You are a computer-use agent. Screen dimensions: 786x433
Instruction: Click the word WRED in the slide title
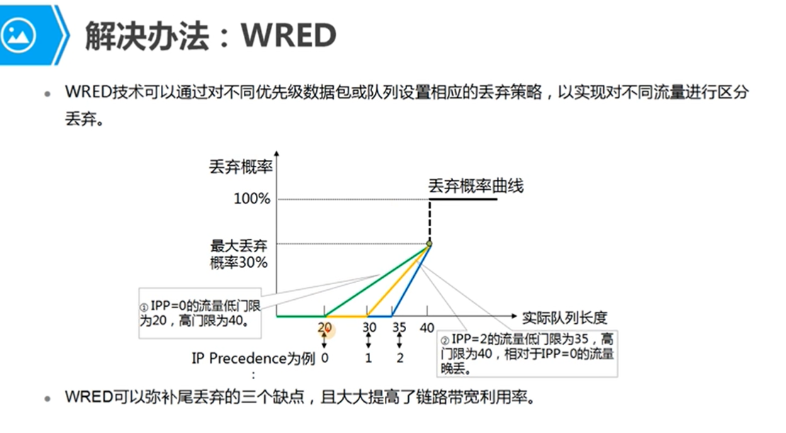(x=288, y=35)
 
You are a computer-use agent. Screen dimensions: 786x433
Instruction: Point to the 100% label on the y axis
(x=252, y=199)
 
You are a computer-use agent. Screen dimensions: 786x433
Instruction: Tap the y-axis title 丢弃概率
(x=241, y=167)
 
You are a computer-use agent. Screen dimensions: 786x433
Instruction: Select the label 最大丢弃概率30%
(x=239, y=254)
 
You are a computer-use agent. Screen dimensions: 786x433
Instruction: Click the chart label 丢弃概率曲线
(x=476, y=186)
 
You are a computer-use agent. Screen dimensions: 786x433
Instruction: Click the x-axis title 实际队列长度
(x=564, y=317)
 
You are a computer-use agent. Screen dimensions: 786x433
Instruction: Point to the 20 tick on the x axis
(x=325, y=327)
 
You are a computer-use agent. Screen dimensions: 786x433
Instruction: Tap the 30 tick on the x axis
(x=369, y=327)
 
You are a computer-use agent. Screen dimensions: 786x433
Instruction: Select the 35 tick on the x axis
(x=399, y=327)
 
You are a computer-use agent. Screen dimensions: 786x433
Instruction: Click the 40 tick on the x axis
(x=427, y=327)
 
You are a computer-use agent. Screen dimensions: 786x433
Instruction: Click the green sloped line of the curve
(x=377, y=280)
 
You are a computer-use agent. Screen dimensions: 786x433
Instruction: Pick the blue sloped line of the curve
(x=410, y=280)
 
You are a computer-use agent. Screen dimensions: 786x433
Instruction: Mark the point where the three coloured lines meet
(x=429, y=244)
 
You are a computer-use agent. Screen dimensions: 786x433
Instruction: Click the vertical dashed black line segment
(x=430, y=220)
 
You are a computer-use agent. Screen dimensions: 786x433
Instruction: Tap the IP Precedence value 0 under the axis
(x=325, y=358)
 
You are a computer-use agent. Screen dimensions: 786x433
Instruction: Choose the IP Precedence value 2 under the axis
(x=400, y=358)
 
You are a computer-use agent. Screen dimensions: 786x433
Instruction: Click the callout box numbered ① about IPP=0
(x=200, y=313)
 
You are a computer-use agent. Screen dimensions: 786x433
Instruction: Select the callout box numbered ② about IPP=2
(x=527, y=354)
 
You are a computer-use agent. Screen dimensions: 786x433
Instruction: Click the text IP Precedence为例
(x=253, y=359)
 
